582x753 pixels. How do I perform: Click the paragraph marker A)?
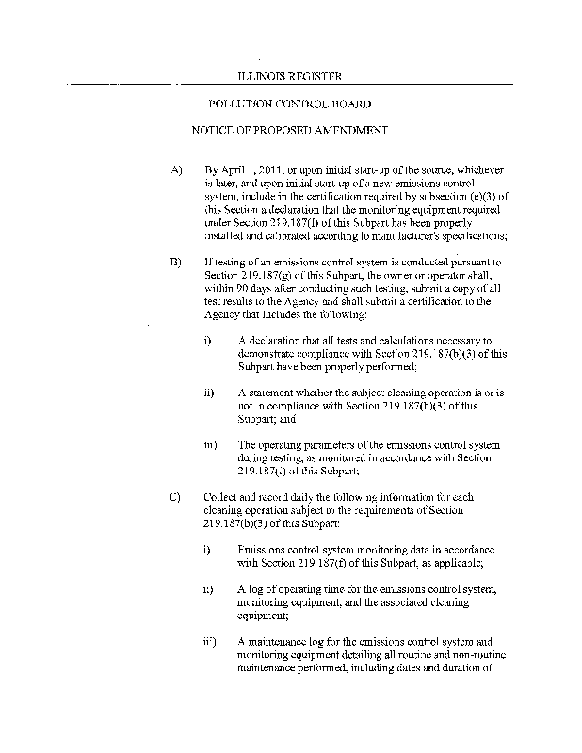[176, 170]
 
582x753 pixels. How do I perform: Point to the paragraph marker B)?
[176, 261]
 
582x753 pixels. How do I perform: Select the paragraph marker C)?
[176, 496]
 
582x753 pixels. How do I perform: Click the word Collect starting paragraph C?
[218, 496]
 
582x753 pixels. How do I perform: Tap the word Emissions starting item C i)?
[263, 549]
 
